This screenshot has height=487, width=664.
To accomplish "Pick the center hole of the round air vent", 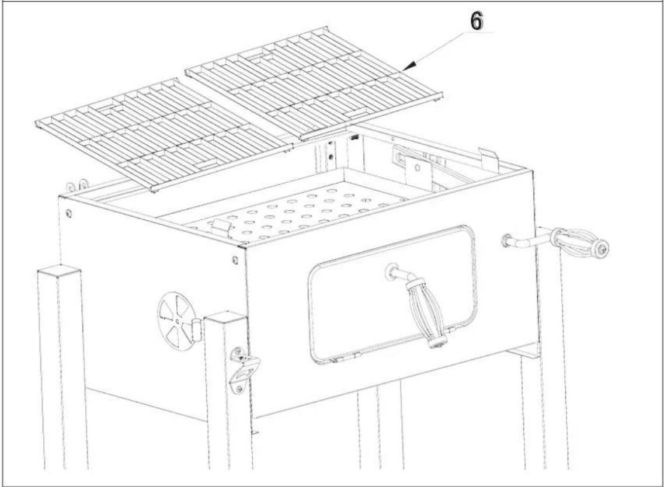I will pyautogui.click(x=177, y=319).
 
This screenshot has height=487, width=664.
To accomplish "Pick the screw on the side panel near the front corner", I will pyautogui.click(x=234, y=259).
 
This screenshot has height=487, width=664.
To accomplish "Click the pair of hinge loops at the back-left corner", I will pyautogui.click(x=77, y=185).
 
